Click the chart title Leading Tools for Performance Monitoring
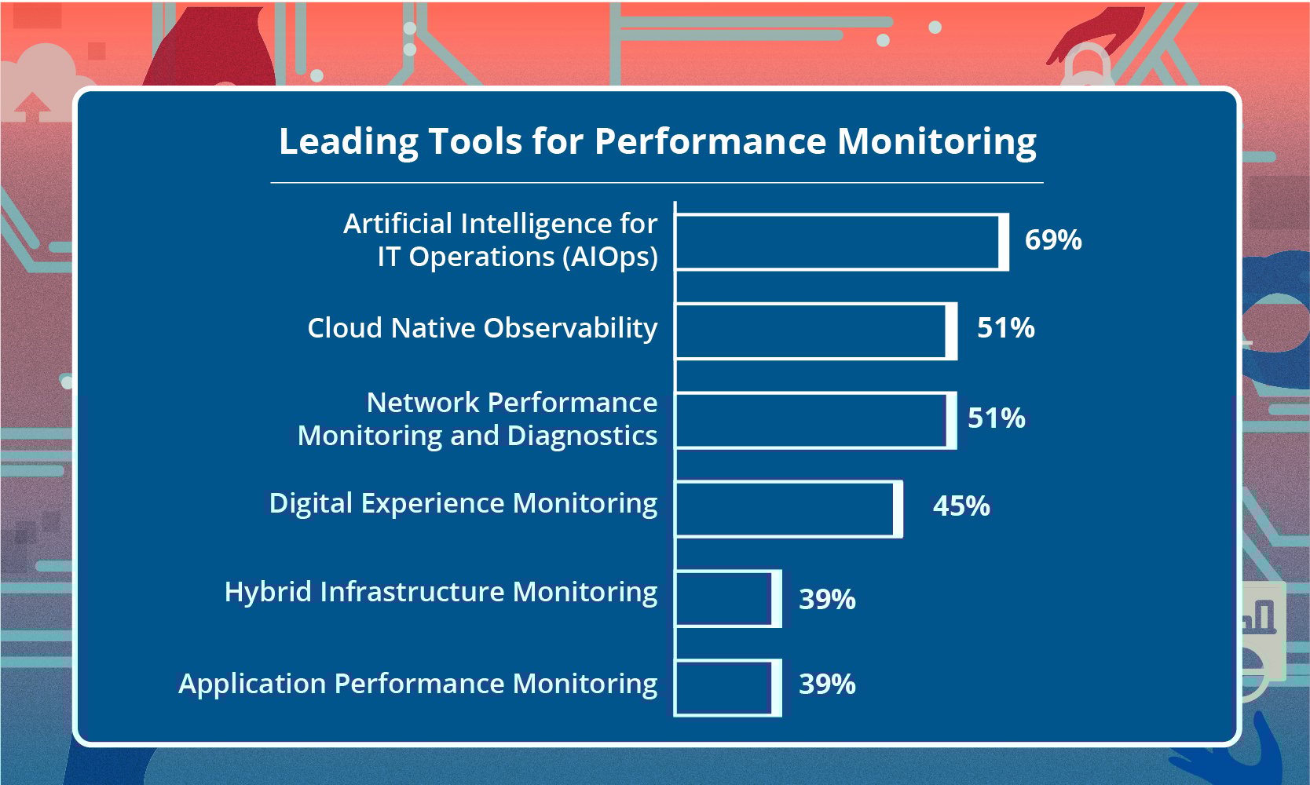click(x=657, y=142)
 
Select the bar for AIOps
click(x=840, y=242)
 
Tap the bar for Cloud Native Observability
click(x=815, y=331)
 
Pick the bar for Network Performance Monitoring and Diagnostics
click(x=815, y=420)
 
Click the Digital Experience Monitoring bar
click(x=788, y=509)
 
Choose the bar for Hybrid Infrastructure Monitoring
click(x=727, y=599)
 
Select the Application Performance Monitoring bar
click(x=727, y=688)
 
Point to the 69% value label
click(x=1053, y=240)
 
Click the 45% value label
click(x=961, y=506)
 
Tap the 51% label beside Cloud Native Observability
click(x=1005, y=328)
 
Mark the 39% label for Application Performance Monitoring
click(x=827, y=685)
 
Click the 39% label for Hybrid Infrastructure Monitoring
click(x=827, y=600)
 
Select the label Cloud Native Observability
click(x=482, y=328)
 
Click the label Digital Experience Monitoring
click(x=463, y=503)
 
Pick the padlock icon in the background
click(x=1086, y=67)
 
